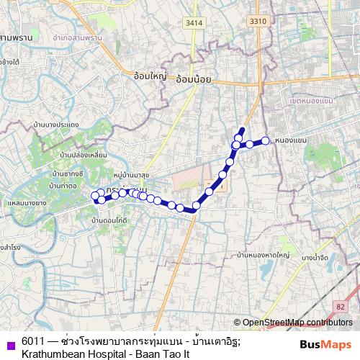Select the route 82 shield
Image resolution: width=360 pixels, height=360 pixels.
coord(341,307)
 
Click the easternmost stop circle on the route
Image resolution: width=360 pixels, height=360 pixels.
coord(266,140)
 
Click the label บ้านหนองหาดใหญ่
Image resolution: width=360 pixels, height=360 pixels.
coord(263,255)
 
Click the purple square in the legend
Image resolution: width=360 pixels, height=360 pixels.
coord(9,343)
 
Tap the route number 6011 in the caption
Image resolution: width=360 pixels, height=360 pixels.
coord(32,341)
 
